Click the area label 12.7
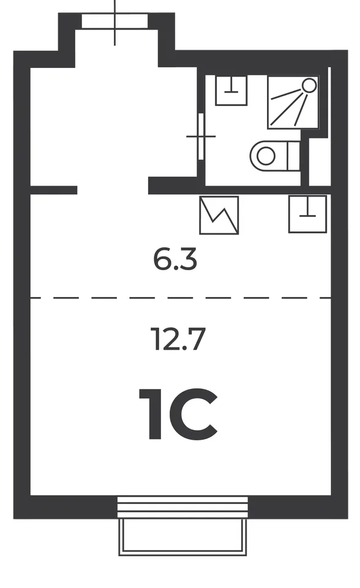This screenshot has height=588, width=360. tap(178, 339)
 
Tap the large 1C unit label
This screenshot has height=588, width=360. tap(178, 414)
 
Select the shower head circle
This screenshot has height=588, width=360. tap(309, 85)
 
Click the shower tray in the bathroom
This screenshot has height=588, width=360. tap(293, 102)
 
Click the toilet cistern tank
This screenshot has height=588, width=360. tap(294, 156)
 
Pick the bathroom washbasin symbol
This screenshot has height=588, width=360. tap(231, 90)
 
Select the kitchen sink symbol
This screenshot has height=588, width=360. tap(307, 214)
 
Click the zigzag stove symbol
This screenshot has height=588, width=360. tap(219, 215)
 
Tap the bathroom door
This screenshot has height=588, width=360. tap(201, 137)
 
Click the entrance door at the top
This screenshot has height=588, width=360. tap(114, 21)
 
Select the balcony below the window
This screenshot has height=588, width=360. tap(183, 537)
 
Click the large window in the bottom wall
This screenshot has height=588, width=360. tap(182, 507)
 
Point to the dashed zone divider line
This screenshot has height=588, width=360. tap(181, 298)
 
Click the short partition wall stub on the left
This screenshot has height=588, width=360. tap(54, 190)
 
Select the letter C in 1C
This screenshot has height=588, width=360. tap(193, 414)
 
